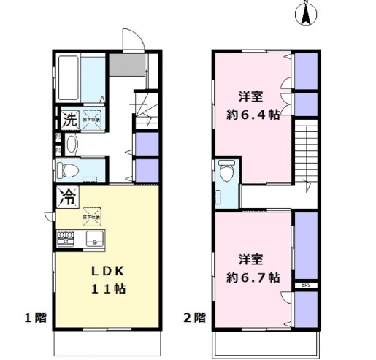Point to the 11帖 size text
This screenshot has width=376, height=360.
click(107, 288)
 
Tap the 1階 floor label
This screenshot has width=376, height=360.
click(34, 318)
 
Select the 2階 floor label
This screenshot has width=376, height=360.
click(193, 318)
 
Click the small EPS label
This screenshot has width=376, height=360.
click(306, 285)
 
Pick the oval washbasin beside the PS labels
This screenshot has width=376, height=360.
click(71, 144)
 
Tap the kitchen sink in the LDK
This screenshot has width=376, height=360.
click(96, 240)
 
